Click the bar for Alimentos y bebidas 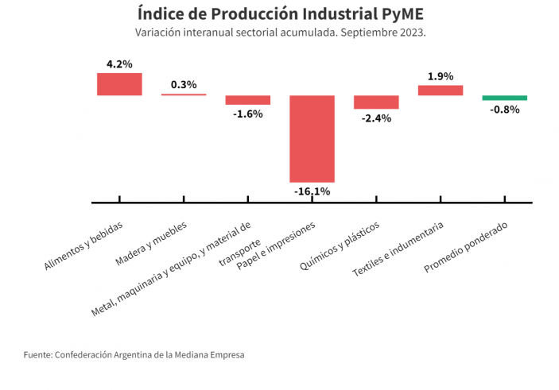119,84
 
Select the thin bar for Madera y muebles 184,95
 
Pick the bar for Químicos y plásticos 376,102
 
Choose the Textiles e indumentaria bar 441,91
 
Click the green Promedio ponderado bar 504,98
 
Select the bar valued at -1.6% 248,100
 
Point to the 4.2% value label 119,64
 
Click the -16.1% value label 312,191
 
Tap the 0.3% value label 184,85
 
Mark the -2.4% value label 376,118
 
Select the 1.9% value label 441,76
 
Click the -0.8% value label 504,110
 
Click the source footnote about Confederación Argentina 134,355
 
